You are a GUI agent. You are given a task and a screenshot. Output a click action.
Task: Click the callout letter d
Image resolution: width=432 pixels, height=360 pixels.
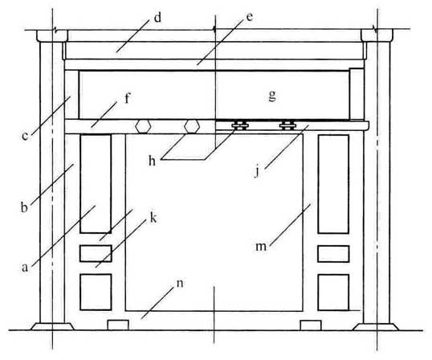[x=157, y=18]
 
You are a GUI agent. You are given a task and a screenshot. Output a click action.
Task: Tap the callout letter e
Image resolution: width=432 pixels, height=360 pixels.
[x=250, y=17]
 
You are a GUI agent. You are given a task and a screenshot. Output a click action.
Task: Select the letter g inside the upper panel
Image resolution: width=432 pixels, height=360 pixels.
[x=272, y=96]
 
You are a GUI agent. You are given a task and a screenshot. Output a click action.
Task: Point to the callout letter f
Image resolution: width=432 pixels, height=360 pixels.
[x=127, y=98]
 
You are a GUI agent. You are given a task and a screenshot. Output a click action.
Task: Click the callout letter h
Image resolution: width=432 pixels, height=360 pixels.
[x=152, y=161]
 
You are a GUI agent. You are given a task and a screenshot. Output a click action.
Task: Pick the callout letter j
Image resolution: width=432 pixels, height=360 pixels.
[x=257, y=171]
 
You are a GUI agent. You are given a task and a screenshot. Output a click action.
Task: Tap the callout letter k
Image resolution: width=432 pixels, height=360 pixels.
[x=153, y=218]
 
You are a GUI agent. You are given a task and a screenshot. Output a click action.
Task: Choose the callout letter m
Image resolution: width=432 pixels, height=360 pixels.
[x=261, y=247]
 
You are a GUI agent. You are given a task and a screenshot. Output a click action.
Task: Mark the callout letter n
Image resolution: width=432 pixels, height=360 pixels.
[x=180, y=283]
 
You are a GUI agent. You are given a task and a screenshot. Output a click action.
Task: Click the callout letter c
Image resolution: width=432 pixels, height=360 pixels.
[x=25, y=136]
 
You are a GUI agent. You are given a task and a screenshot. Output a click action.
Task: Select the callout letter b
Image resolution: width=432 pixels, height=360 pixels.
[x=24, y=207]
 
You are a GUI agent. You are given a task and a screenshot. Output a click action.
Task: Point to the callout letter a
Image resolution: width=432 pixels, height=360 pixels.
[x=25, y=268]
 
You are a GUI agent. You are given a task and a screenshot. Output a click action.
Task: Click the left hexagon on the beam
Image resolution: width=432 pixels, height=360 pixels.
[x=143, y=127]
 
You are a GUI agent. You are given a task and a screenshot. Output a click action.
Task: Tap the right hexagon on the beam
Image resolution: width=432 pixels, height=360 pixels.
[x=192, y=126]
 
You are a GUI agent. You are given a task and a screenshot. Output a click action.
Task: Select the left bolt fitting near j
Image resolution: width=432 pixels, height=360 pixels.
[x=240, y=125]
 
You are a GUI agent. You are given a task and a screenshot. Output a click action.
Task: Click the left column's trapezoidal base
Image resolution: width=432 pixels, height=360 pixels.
[x=52, y=326]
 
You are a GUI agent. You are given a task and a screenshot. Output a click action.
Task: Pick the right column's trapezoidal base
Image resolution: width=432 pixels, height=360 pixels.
[x=376, y=326]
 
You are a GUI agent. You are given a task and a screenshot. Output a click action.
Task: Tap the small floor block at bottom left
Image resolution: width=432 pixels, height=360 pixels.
[x=118, y=325]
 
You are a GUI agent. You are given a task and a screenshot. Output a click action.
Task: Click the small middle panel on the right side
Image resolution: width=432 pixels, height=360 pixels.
[x=333, y=254]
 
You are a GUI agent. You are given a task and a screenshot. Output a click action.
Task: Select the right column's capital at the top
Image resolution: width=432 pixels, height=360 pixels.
[x=377, y=36]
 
